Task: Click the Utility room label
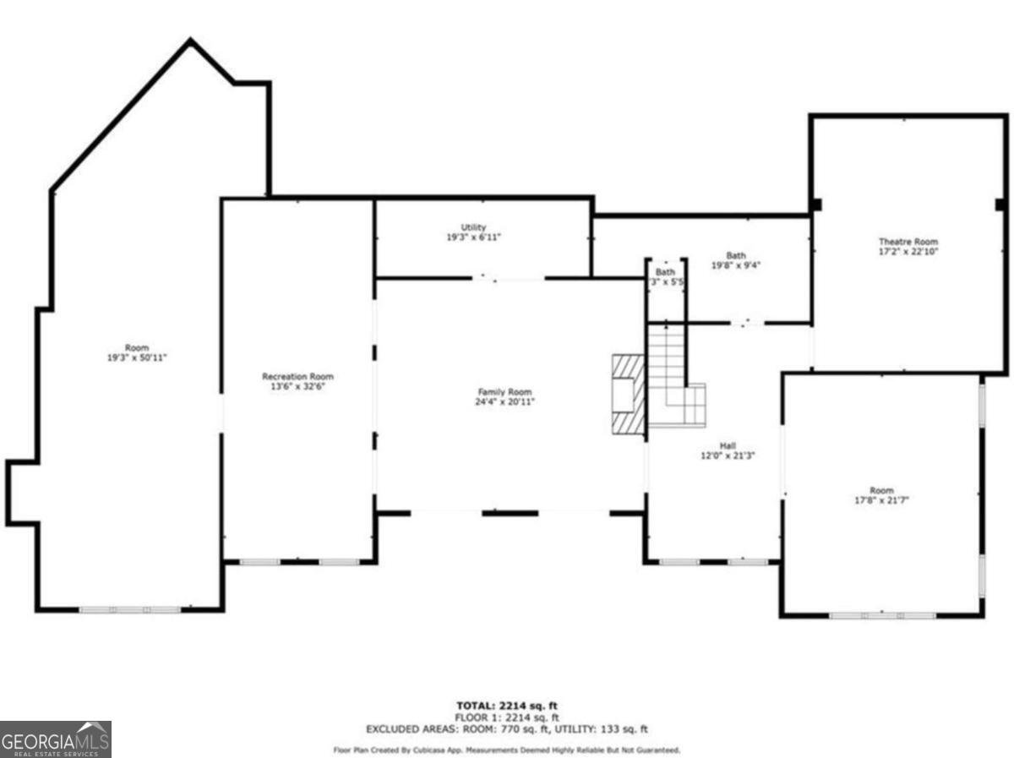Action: (x=473, y=227)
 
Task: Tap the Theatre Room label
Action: (x=908, y=241)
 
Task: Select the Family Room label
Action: (x=505, y=391)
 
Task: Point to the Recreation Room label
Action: (x=297, y=376)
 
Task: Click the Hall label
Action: (x=727, y=444)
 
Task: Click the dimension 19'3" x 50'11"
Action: (x=137, y=357)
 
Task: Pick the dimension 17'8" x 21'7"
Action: (x=881, y=499)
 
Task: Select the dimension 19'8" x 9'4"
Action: (x=736, y=264)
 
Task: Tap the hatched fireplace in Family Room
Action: (x=626, y=393)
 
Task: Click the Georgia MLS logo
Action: (x=56, y=739)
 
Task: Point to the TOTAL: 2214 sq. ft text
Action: (x=506, y=706)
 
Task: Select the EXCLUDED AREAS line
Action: (x=506, y=728)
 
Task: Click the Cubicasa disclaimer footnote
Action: (x=506, y=750)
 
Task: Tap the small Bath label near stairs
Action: (x=666, y=272)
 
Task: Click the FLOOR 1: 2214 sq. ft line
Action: (x=506, y=717)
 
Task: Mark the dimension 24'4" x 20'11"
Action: (x=505, y=401)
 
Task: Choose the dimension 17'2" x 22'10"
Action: (x=908, y=251)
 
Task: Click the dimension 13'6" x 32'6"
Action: (x=297, y=386)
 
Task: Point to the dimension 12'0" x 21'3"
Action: (x=727, y=455)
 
